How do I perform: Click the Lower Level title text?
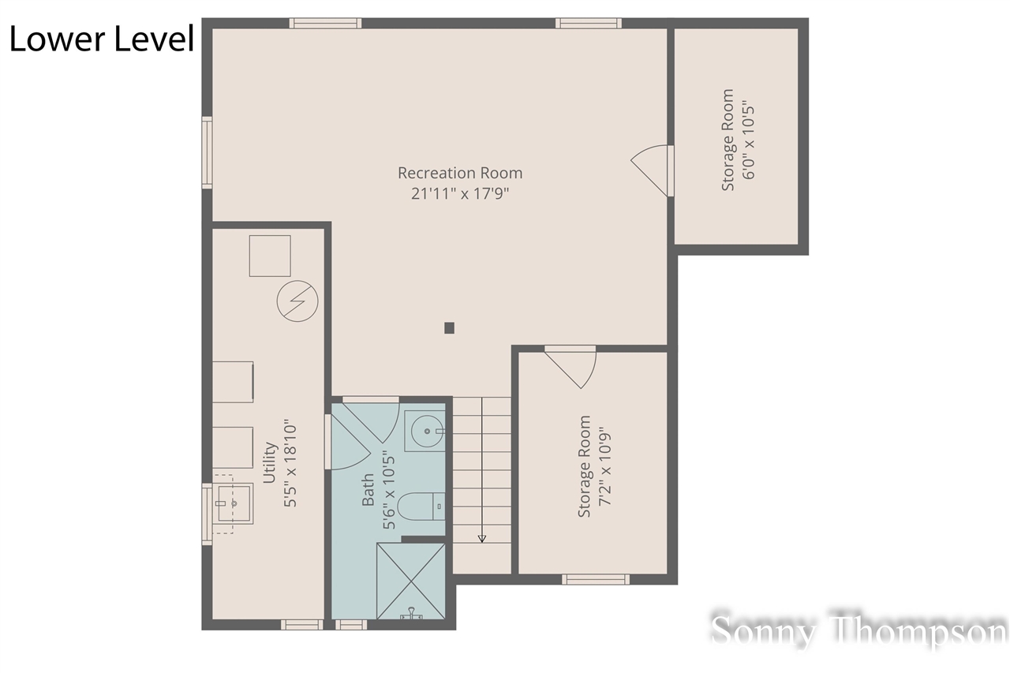pos(101,39)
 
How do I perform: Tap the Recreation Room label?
pos(459,173)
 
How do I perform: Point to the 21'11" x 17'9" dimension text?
pos(459,194)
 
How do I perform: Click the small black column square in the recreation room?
pos(449,328)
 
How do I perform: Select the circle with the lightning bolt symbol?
pos(297,301)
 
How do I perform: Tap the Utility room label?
pos(269,463)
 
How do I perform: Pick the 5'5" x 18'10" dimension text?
pos(290,463)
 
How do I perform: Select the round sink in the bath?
pos(425,432)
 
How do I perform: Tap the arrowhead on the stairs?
pos(481,538)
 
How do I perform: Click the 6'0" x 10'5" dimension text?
pos(748,140)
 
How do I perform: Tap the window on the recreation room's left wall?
pos(207,152)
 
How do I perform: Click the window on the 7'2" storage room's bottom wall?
pos(595,579)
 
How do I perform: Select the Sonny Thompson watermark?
pos(858,632)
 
